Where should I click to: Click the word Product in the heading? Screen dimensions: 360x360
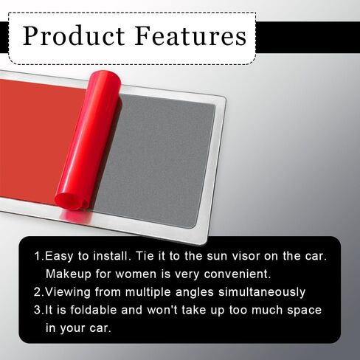tap(74, 35)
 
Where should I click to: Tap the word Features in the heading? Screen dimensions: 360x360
tap(190, 35)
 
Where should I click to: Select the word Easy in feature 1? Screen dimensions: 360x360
tap(59, 257)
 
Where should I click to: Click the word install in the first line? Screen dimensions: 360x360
tap(111, 256)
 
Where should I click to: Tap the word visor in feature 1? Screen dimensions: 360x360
tap(244, 256)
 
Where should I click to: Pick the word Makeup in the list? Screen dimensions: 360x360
tap(69, 274)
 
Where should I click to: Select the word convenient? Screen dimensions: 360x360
tap(238, 274)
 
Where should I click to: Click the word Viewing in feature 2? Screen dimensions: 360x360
tap(68, 293)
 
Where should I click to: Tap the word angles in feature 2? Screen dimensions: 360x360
tap(195, 293)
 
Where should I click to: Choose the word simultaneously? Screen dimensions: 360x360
tap(262, 293)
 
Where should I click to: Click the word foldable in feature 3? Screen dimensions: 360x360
tap(94, 310)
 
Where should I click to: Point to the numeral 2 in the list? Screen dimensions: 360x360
tap(38, 292)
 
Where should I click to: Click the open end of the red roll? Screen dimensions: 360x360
tap(72, 201)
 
